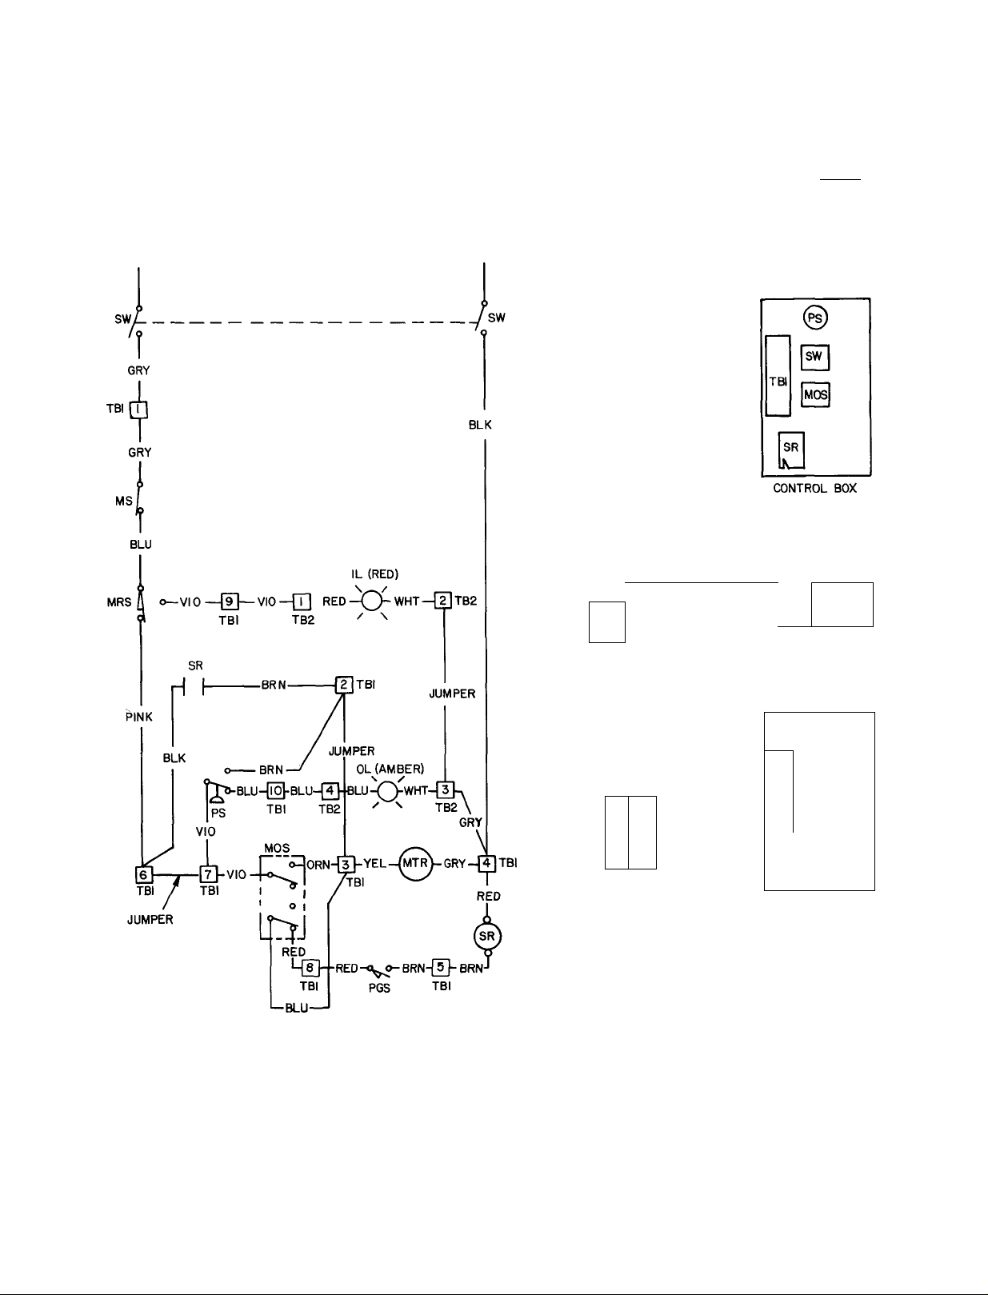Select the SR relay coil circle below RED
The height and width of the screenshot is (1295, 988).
(x=487, y=936)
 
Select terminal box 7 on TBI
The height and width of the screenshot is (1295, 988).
(x=207, y=874)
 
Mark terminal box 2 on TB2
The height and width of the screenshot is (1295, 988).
(x=443, y=601)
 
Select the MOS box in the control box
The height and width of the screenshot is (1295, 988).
(x=815, y=394)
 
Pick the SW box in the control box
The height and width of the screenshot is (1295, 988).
(x=814, y=357)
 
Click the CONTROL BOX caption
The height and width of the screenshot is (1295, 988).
(x=814, y=488)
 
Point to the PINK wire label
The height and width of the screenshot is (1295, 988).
(x=139, y=717)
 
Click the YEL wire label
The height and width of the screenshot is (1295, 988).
(x=376, y=863)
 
